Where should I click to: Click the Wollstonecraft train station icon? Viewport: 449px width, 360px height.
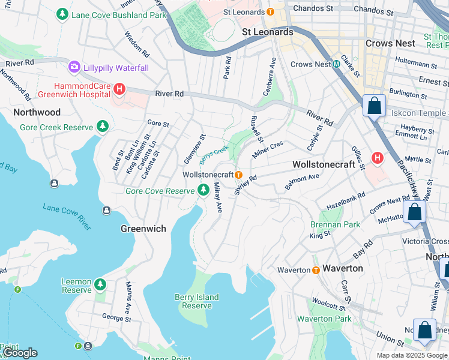click(x=239, y=175)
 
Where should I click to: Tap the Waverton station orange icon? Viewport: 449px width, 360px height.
click(x=316, y=270)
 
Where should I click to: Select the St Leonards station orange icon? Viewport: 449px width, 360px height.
click(x=270, y=11)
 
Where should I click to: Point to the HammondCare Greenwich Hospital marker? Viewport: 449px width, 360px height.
click(x=119, y=89)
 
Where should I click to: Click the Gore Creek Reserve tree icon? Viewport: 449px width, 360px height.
click(x=103, y=126)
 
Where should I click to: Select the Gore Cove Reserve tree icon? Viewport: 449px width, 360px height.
click(x=203, y=190)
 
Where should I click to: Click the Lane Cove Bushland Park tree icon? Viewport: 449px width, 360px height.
click(x=62, y=13)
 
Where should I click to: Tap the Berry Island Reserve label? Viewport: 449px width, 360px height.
click(x=197, y=301)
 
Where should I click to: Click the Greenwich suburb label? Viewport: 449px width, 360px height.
click(x=143, y=229)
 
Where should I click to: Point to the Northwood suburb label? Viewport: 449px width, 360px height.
click(x=37, y=112)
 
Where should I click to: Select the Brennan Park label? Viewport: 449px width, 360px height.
click(x=335, y=224)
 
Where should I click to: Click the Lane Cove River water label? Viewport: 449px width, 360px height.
click(x=67, y=216)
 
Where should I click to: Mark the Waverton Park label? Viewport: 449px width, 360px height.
click(x=324, y=319)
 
